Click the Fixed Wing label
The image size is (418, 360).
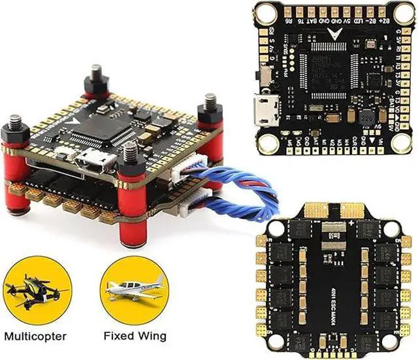[134, 336]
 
